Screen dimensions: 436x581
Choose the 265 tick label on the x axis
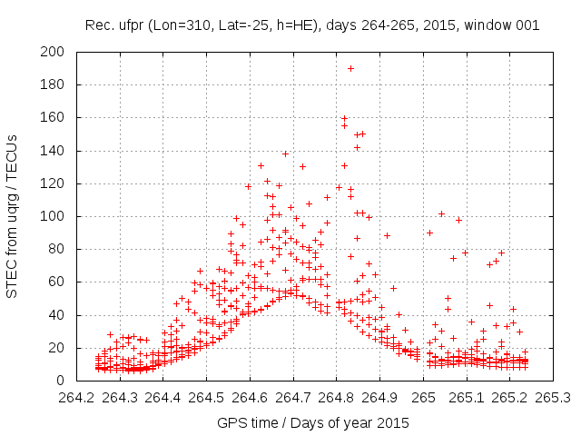point(422,397)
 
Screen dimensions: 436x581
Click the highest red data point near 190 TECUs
point(350,68)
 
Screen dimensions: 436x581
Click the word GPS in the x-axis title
point(231,422)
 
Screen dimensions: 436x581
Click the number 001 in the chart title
point(527,25)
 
